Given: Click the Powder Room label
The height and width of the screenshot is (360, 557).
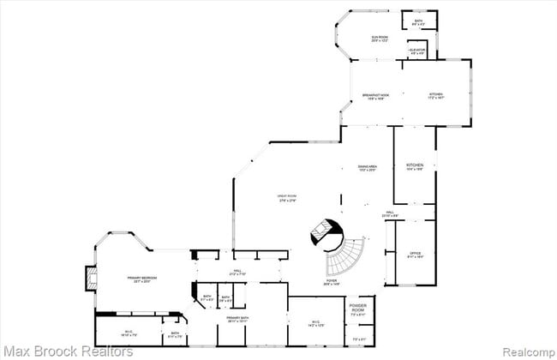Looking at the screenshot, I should [358, 309].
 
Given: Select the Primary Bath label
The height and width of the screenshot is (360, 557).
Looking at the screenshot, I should [238, 320].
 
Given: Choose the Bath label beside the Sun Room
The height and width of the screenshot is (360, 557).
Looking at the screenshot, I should [418, 22].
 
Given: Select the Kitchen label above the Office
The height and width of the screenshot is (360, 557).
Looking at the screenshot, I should [415, 167].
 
